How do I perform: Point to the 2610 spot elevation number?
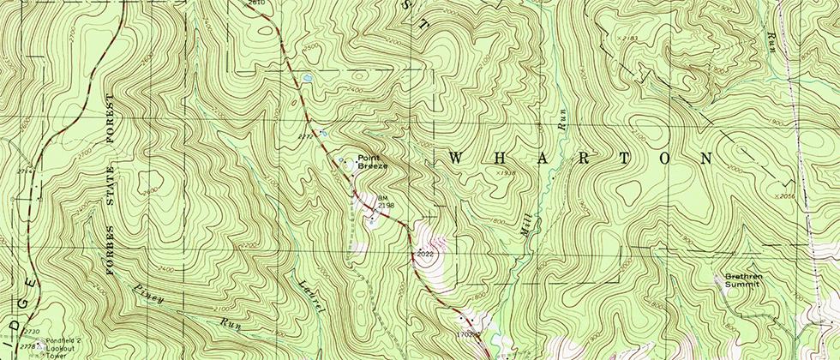coord(255,3)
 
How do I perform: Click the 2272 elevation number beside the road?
coord(304,135)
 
